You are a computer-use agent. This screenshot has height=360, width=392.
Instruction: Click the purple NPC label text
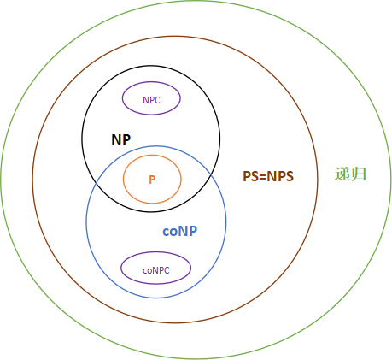pos(151,100)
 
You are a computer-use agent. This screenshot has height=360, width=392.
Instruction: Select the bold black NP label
pos(121,139)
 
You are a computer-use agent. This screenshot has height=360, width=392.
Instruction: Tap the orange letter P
pos(152,180)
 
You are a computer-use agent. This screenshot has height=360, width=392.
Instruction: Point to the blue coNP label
pos(179,231)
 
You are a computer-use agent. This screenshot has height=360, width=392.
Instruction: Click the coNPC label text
pos(156,270)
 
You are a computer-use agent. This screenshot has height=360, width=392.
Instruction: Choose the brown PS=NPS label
pos(268,176)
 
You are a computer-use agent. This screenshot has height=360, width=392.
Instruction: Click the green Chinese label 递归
pos(350,174)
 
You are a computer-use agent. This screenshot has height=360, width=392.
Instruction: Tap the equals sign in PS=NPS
pos(262,177)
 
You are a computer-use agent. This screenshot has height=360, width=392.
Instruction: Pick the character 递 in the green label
pos(342,174)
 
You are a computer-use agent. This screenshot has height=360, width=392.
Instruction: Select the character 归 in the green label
pos(358,174)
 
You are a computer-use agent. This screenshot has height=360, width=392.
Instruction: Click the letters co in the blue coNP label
pos(170,232)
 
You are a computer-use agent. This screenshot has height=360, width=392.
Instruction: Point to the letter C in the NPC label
pos(157,100)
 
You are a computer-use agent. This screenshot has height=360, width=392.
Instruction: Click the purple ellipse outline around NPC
pos(122,98)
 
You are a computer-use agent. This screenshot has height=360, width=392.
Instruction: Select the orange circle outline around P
pos(123,180)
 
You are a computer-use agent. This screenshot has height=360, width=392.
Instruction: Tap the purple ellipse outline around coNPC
pos(121,268)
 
